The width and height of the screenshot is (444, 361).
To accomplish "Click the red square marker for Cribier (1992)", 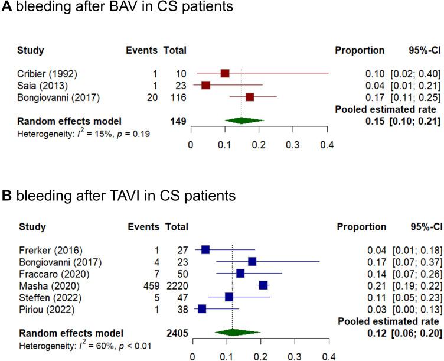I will (x=224, y=73).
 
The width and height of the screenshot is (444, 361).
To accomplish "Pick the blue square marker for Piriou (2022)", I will (x=202, y=308).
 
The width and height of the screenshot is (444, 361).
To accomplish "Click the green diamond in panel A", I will (x=241, y=121).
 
